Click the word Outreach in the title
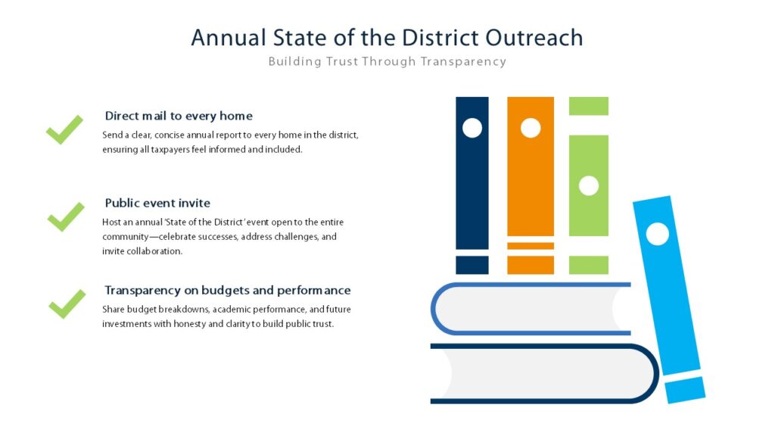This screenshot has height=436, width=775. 534,38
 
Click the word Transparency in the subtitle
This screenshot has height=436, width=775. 463,62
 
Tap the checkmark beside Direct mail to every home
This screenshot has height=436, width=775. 65,129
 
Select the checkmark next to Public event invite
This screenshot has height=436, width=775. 67,216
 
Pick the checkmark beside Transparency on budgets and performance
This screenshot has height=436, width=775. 67,304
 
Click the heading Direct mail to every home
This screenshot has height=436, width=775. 179,116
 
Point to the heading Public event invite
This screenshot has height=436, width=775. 157,203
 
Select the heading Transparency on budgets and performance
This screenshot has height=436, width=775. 227,290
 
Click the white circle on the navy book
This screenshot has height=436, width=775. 472,128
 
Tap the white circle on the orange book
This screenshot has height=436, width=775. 531,128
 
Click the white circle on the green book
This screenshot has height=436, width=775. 589,186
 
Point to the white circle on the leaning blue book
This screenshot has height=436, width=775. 658,234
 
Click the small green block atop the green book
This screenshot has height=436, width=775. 589,106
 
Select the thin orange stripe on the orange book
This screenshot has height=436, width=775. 531,246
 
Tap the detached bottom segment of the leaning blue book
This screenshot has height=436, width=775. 685,390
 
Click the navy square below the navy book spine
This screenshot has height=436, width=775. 472,265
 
